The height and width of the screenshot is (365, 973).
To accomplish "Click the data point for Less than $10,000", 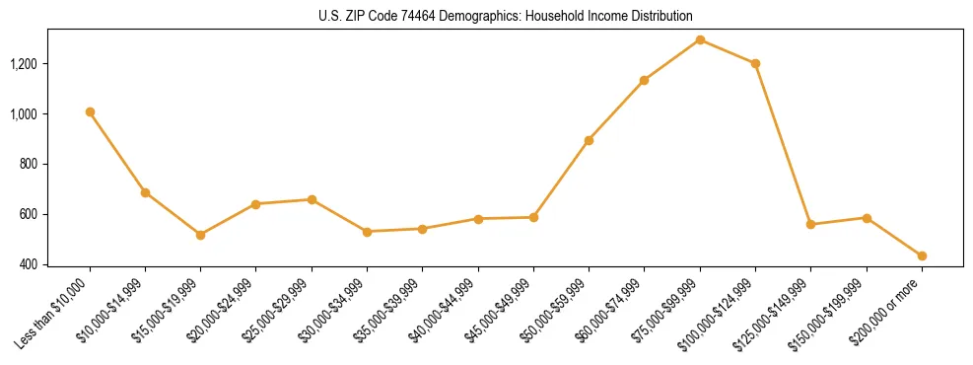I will tap(90, 112).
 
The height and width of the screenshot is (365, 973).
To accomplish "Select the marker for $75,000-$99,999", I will tap(700, 40).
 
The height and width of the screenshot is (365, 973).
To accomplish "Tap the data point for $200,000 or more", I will tap(922, 255).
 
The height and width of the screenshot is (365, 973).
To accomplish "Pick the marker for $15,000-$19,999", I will tap(200, 235).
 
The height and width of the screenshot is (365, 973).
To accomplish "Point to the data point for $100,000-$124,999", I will tap(755, 63).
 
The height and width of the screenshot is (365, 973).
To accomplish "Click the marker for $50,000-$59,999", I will tap(589, 140).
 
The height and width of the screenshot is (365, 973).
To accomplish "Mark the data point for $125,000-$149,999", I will tap(810, 224).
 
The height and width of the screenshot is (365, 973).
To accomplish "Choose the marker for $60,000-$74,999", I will tap(644, 80).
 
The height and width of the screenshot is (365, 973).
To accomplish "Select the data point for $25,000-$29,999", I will tap(312, 199).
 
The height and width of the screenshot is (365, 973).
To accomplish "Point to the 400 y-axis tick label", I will tap(57, 264).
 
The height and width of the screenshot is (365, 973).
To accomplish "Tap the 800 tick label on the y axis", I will tap(57, 164).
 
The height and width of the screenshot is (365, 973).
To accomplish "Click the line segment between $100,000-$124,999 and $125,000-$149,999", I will tap(783, 144).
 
